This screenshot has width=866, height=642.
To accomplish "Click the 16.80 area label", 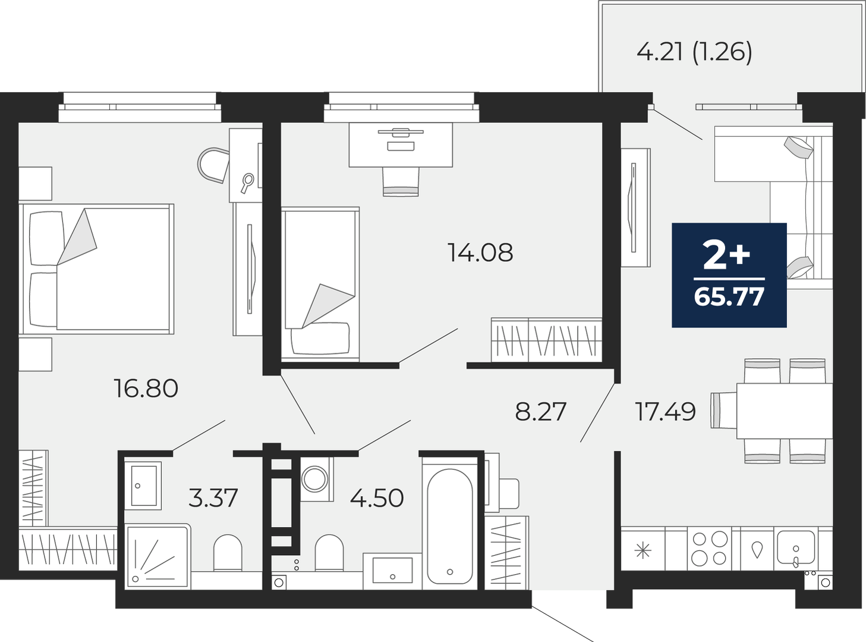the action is [146, 389].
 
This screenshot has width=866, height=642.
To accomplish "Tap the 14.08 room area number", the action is [480, 252].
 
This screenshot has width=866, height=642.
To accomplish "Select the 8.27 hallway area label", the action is [540, 411].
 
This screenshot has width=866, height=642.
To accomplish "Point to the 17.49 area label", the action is [665, 411].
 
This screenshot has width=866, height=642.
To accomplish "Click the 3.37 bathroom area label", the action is [213, 498].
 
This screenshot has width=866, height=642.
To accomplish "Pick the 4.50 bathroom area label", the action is [376, 498].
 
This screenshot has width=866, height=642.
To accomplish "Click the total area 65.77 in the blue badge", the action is [729, 297].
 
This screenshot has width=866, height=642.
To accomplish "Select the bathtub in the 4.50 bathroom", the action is [450, 526].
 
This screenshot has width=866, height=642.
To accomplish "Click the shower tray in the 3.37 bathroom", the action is [158, 557].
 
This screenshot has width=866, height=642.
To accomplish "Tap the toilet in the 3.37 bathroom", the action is [228, 553].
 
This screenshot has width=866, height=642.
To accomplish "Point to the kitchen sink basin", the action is [795, 547].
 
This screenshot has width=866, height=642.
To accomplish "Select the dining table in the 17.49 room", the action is [785, 411].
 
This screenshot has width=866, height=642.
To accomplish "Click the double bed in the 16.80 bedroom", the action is [96, 268].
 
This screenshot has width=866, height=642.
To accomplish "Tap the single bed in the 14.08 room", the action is [320, 284].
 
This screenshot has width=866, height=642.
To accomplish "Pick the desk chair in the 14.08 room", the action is [401, 181].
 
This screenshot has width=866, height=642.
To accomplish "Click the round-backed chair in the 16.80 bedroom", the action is [213, 165].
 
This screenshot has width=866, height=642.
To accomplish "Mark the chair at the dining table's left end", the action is [724, 411].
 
